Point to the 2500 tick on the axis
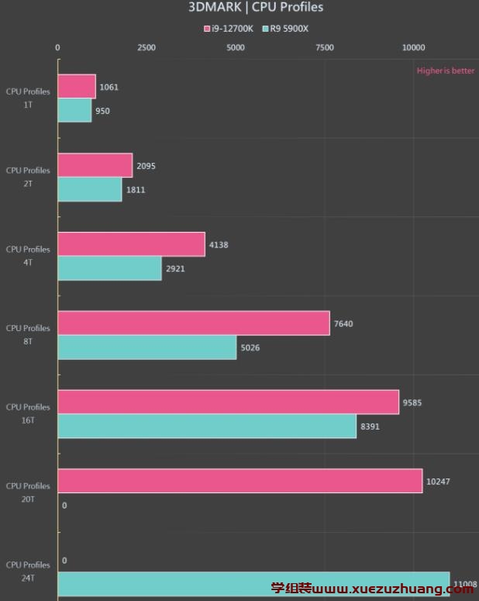[x=146, y=47]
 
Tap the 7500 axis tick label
[x=325, y=47]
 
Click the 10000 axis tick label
[x=413, y=47]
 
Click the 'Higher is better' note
[x=446, y=71]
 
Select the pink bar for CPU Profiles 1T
[x=77, y=87]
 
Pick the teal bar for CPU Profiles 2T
[x=90, y=189]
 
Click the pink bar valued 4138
[x=131, y=244]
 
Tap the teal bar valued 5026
[x=147, y=347]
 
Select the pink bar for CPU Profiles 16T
[x=228, y=402]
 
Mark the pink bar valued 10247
[x=240, y=481]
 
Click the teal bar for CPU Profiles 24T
[x=253, y=585]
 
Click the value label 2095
[x=146, y=166]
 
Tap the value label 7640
[x=343, y=323]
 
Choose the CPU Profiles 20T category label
[x=28, y=492]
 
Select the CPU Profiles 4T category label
[x=28, y=256]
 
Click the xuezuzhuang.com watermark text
[x=372, y=589]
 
